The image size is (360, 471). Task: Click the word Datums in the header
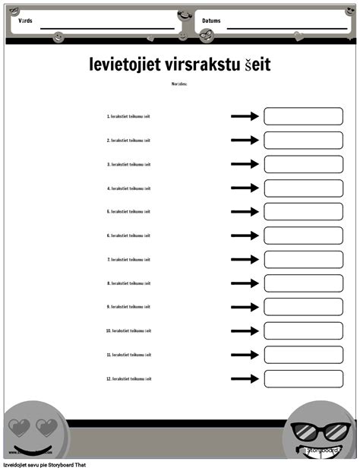coord(211,21)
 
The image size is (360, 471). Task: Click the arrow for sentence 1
coord(245,116)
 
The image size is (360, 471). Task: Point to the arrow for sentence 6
coord(245,235)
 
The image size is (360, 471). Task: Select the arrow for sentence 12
coord(245,378)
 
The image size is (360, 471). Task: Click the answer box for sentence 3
coord(303,164)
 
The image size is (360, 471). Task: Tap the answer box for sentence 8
coord(303,283)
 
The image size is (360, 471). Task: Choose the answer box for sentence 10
coord(303,330)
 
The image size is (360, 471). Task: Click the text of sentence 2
coord(128,141)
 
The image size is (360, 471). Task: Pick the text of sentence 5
coord(128,212)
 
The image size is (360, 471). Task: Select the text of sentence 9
coord(128,307)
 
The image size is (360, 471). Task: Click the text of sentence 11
coord(128,355)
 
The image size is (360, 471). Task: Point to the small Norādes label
coord(179,84)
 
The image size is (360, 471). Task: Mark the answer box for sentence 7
coord(303,260)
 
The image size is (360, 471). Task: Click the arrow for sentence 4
coord(245,188)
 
